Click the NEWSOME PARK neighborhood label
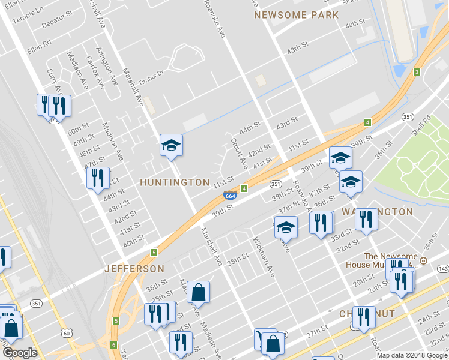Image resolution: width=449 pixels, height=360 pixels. (296, 15)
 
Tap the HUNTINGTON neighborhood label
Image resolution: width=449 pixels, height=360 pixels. (175, 182)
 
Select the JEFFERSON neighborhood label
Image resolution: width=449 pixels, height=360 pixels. (134, 268)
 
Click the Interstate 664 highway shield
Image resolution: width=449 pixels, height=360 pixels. (229, 196)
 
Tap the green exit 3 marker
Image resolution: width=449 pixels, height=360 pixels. (416, 73)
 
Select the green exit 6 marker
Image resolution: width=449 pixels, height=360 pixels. (113, 344)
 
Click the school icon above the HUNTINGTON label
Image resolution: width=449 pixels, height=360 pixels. (171, 145)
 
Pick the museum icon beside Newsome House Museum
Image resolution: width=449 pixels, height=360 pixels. (423, 260)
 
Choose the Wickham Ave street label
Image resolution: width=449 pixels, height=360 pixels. (263, 259)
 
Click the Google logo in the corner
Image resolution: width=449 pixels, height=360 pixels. (19, 353)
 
